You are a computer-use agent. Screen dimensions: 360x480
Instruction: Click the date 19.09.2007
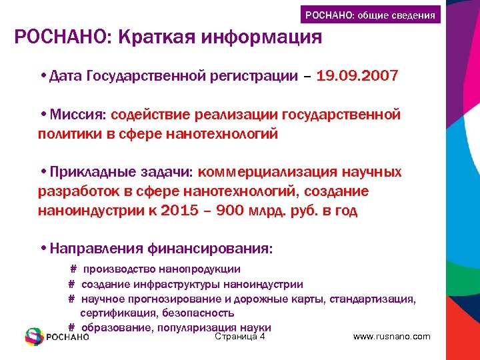[x=358, y=76]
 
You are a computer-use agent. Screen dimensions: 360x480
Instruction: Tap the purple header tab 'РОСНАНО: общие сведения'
[x=370, y=15]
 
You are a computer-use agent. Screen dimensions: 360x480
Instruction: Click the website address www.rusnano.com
[x=391, y=337]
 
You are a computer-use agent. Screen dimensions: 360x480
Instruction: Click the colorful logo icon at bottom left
[x=34, y=337]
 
